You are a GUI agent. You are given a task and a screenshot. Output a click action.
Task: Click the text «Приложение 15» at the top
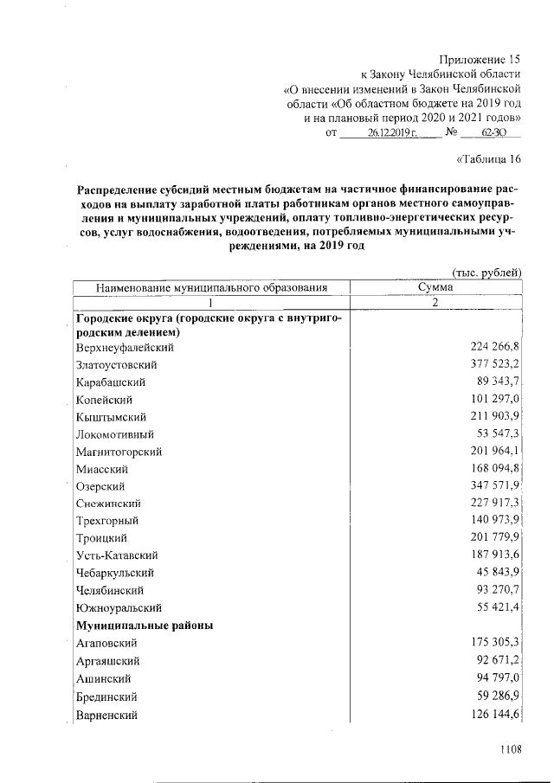(x=480, y=60)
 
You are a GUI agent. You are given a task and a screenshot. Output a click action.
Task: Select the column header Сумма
(x=436, y=287)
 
